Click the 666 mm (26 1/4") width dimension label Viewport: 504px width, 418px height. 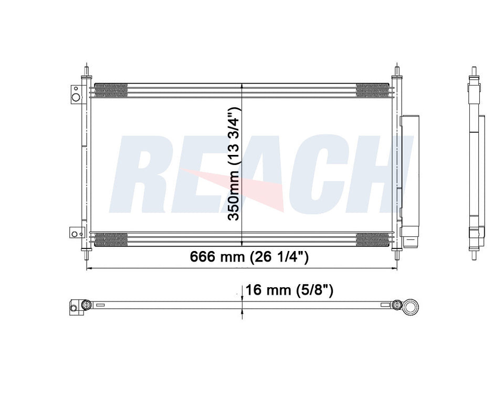(249, 257)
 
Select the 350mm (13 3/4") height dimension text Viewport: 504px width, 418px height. (234, 164)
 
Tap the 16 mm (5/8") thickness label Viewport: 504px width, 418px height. (289, 290)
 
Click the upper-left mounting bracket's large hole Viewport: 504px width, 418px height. (76, 97)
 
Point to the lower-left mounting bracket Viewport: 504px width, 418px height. (77, 233)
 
